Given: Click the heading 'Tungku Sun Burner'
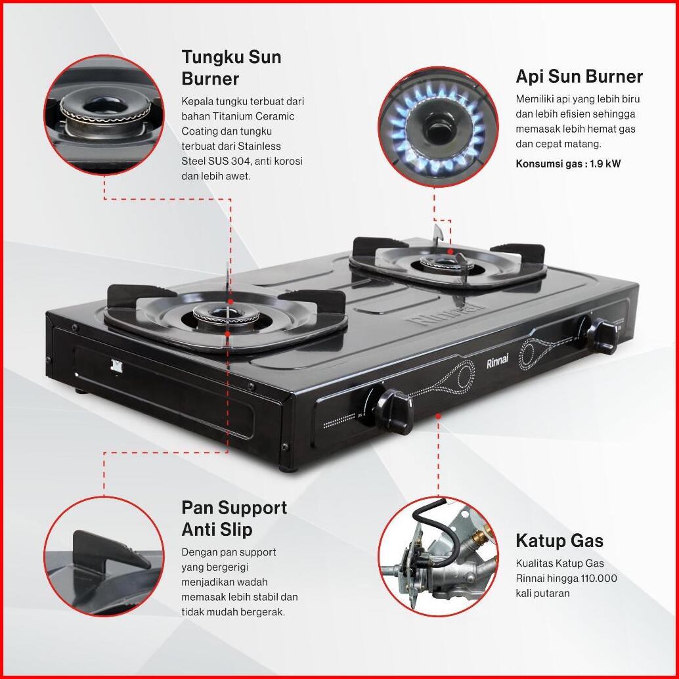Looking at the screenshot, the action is click(x=231, y=68).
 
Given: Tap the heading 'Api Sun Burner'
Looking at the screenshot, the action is click(x=579, y=77).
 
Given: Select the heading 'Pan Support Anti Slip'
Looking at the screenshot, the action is click(x=234, y=518).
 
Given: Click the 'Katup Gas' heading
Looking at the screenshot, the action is click(x=559, y=541).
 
